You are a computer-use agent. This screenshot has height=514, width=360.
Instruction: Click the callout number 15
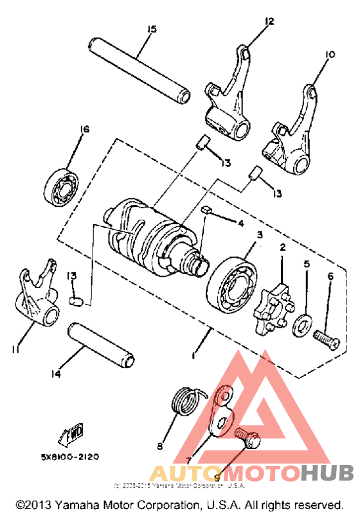pyautogui.click(x=151, y=30)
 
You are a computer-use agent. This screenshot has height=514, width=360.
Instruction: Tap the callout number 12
pyautogui.click(x=269, y=21)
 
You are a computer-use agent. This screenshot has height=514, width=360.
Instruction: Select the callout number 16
pyautogui.click(x=84, y=129)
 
